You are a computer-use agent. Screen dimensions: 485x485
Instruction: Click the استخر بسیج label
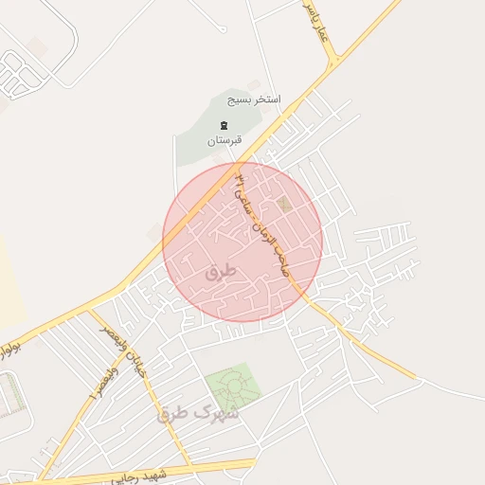tap(246, 99)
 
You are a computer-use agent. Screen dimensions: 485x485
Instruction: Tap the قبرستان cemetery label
tap(225, 140)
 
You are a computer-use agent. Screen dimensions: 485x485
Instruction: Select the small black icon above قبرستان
tap(224, 125)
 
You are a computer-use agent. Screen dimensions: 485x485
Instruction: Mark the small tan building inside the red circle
tap(286, 205)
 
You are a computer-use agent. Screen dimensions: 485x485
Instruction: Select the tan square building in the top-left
tap(38, 45)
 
